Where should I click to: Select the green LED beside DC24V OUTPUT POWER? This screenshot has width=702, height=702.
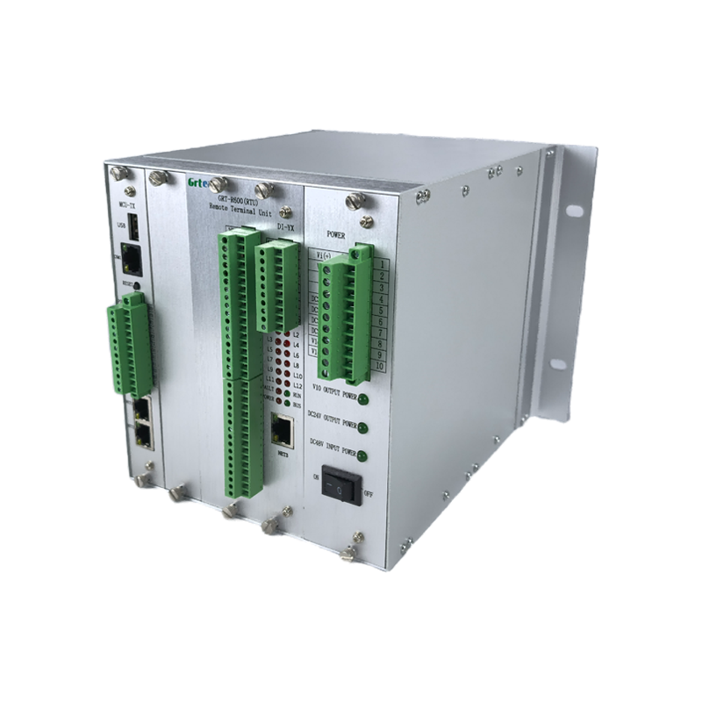[362, 427]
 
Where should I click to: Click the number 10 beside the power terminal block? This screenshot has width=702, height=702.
[379, 365]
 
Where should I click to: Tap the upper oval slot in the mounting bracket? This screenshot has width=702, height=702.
[574, 211]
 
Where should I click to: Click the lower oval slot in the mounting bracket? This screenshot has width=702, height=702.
[558, 363]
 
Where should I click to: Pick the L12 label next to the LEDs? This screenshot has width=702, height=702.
[297, 386]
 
